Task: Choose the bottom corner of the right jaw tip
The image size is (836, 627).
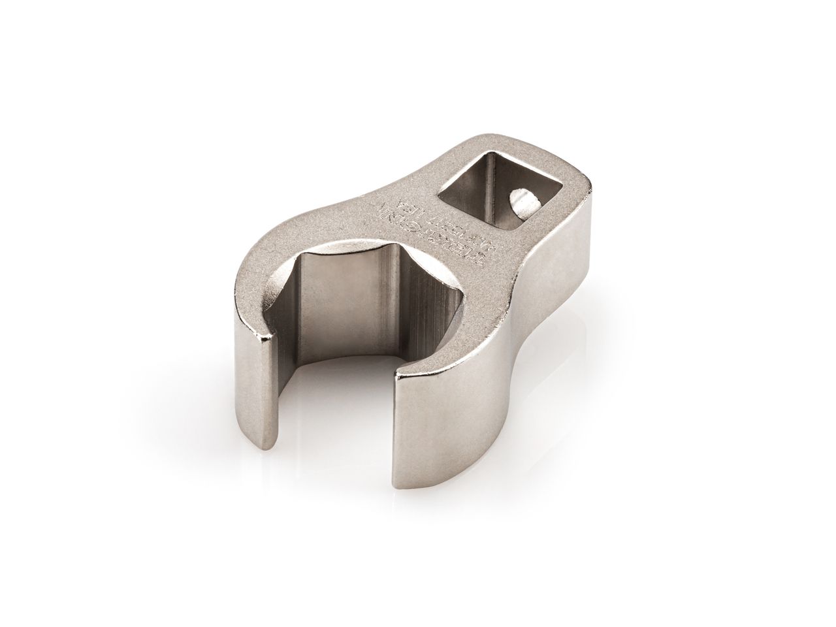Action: coord(395,487)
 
